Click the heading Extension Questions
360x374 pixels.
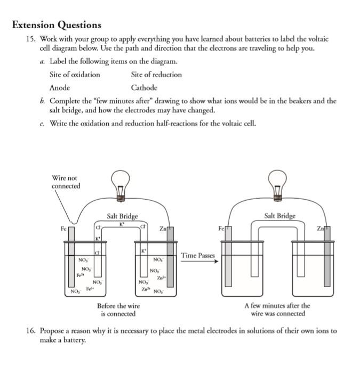click(57, 25)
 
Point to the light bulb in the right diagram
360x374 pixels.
click(277, 184)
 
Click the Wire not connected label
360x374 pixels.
click(66, 182)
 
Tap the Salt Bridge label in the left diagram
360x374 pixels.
click(122, 216)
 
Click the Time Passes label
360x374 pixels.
click(198, 256)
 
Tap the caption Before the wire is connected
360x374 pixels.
click(118, 310)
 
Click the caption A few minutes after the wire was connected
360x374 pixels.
click(277, 310)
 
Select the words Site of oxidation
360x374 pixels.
click(75, 75)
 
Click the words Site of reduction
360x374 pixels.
click(156, 75)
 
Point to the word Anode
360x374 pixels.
click(60, 88)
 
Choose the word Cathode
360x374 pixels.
click(144, 88)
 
